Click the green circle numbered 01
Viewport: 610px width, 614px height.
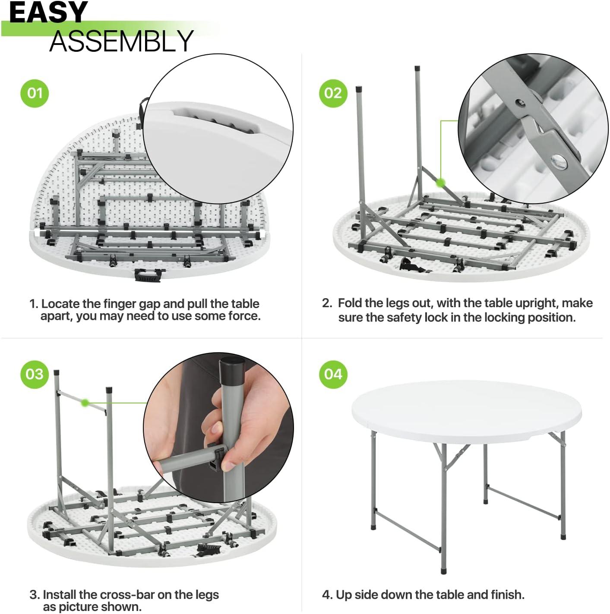[x=35, y=93]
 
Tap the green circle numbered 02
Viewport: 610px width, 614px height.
[x=333, y=93]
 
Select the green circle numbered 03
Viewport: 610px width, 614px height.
[x=35, y=374]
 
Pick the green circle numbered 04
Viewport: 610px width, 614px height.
[x=333, y=374]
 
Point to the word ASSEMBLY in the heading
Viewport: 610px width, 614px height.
[x=121, y=41]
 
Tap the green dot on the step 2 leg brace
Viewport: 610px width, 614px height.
[x=440, y=183]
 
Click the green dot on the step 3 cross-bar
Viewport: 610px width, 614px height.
[x=85, y=403]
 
